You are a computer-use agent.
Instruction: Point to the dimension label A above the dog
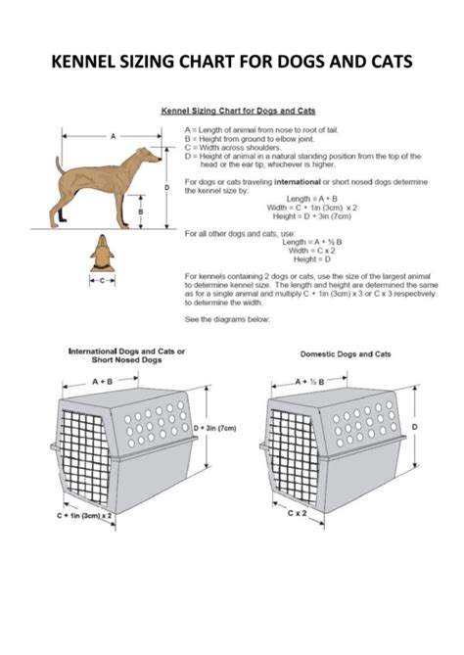coord(113,135)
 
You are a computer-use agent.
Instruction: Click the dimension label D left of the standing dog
coord(168,186)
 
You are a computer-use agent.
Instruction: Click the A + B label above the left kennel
coord(101,380)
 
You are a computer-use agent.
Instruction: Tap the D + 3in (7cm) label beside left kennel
coord(213,429)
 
